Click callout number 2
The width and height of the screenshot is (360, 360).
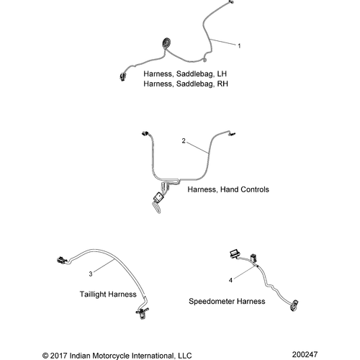click(184, 142)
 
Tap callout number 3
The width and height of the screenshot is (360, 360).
click(91, 274)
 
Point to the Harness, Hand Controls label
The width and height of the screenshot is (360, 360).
click(228, 190)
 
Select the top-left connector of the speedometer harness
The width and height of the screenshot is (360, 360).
click(235, 253)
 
